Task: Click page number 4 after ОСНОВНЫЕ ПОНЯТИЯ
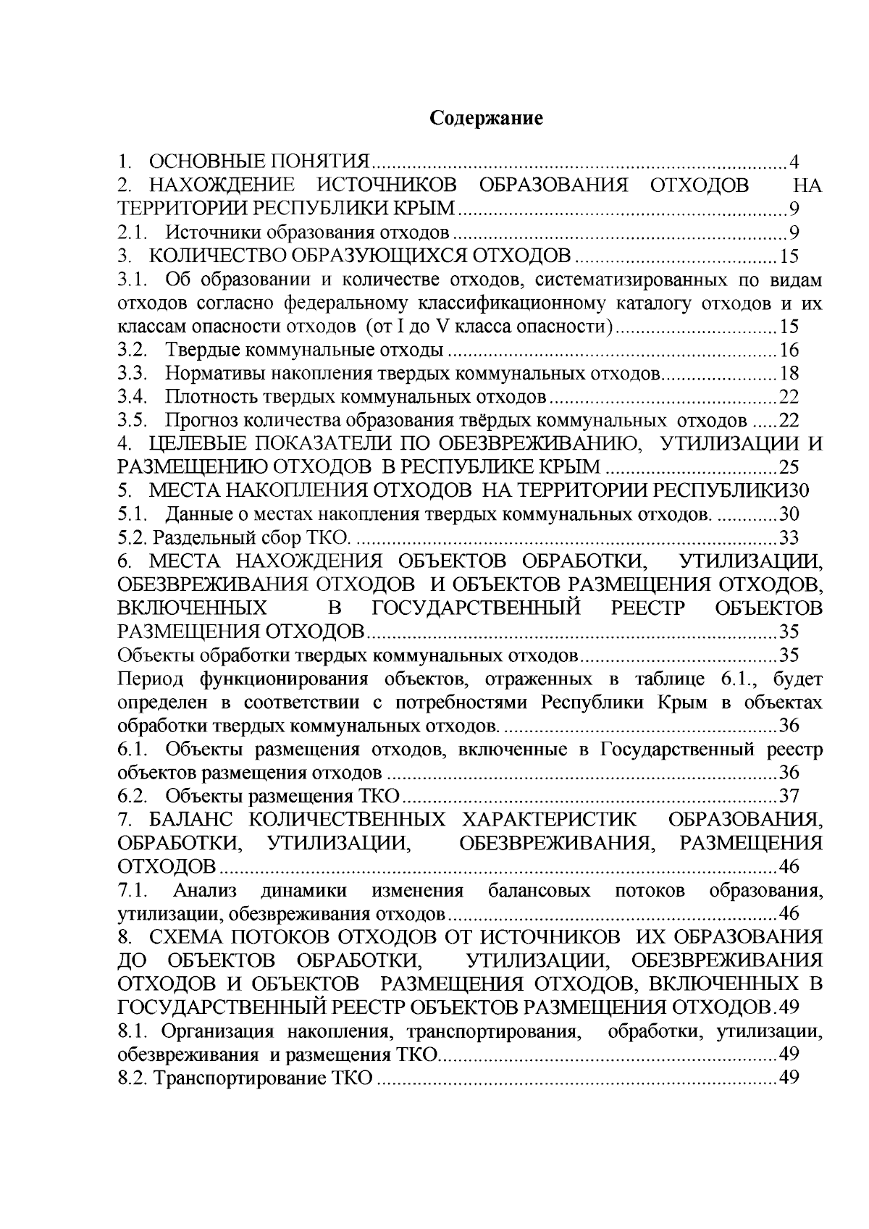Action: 794,162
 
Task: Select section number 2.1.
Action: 134,232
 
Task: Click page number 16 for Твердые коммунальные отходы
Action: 789,351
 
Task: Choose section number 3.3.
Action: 134,374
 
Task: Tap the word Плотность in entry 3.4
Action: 209,398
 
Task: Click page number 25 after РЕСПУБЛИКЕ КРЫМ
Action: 789,467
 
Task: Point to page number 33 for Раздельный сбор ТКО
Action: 789,538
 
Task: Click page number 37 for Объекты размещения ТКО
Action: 789,797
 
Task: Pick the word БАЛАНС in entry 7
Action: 189,820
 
